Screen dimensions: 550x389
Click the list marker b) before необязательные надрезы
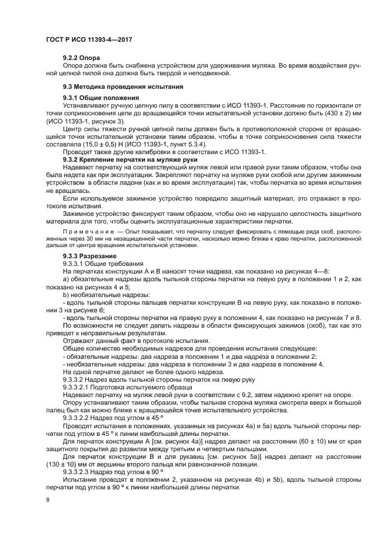point(66,294)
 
